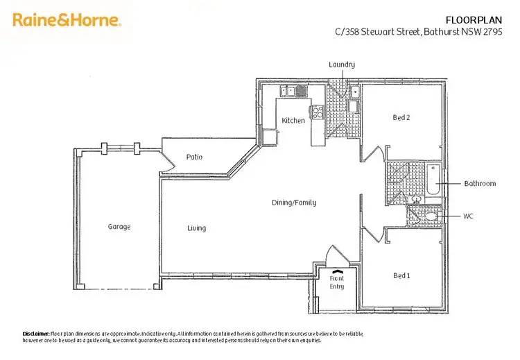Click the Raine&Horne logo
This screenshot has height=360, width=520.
(67, 20)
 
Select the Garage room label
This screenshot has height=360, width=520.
(119, 227)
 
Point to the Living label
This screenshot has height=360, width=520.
(196, 228)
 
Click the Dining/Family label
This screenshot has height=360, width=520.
(293, 203)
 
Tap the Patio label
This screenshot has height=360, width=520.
(194, 157)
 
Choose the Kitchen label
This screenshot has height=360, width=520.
(293, 121)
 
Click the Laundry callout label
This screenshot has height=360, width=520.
(342, 65)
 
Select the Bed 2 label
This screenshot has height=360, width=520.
(401, 118)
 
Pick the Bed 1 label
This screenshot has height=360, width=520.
(401, 275)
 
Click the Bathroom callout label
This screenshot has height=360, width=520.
(480, 184)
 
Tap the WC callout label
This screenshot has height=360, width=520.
(469, 216)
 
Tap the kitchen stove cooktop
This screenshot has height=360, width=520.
(317, 112)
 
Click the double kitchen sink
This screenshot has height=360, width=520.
(289, 91)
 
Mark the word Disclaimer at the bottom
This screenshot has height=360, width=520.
(35, 334)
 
